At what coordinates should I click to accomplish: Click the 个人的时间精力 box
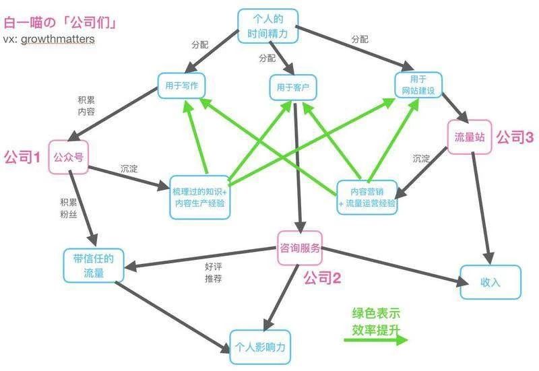pos(267,26)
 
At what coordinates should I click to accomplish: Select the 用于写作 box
pos(181,86)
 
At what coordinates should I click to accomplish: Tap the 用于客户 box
pos(292,88)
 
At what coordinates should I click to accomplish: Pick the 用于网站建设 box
pos(418,85)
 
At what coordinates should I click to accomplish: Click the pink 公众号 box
pos(69,157)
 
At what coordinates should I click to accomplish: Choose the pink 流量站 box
pos(470,137)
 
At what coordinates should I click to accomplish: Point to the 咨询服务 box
pos(300,248)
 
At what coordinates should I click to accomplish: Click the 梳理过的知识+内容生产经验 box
pos(199,197)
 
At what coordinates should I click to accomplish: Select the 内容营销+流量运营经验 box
pos(367,197)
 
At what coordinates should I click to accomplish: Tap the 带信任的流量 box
pos(94,266)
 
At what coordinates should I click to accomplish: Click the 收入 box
pos(490,282)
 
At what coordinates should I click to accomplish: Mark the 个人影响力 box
pos(260,347)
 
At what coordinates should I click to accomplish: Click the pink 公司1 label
pos(22,158)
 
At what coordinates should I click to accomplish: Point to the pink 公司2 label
pos(322,277)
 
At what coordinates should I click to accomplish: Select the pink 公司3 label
pos(515,137)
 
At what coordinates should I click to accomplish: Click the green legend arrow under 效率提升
pos(376,340)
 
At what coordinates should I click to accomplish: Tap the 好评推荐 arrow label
pos(214,273)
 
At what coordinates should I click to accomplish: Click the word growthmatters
pos(58,39)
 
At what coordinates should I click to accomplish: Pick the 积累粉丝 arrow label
pos(69,208)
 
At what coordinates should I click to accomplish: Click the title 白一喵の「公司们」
pos(60,23)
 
